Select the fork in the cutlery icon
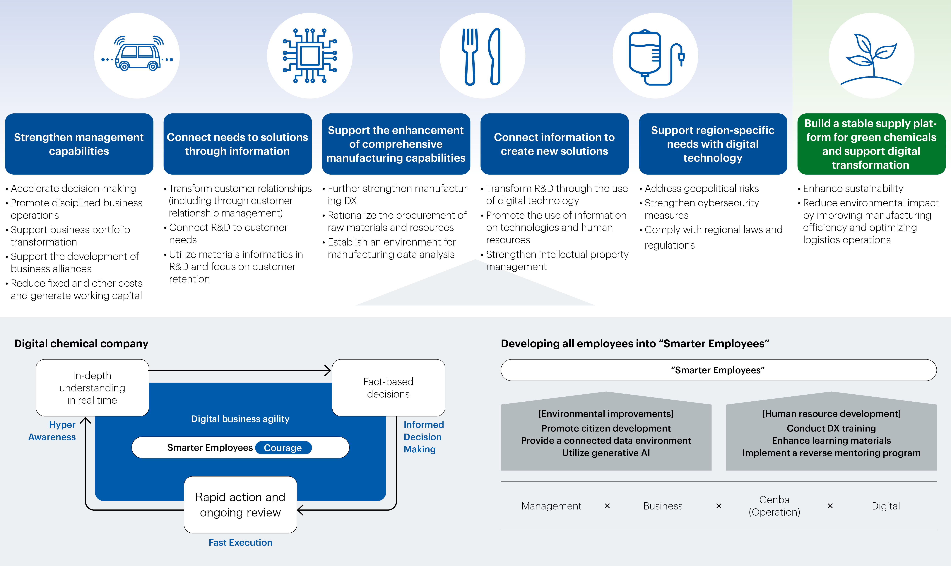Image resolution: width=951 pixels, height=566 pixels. tap(470, 57)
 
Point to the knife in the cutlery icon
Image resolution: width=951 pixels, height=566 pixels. tap(494, 57)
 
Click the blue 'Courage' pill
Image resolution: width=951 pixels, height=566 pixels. tap(283, 448)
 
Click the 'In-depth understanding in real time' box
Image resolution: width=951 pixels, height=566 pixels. tap(92, 388)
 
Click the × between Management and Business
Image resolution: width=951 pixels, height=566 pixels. tap(607, 506)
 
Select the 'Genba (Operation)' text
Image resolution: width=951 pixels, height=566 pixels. tap(774, 506)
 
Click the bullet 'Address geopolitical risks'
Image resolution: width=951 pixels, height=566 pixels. tap(701, 188)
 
